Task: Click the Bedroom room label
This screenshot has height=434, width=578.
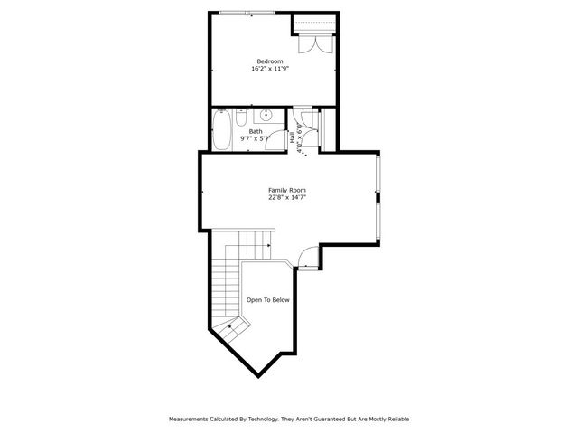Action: [x=269, y=61]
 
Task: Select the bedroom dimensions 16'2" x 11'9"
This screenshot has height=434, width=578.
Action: [x=269, y=68]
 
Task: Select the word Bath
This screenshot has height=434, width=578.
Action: [x=256, y=131]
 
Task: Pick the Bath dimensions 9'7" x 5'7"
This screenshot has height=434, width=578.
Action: [x=256, y=138]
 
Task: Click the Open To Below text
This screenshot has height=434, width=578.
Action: [x=268, y=300]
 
